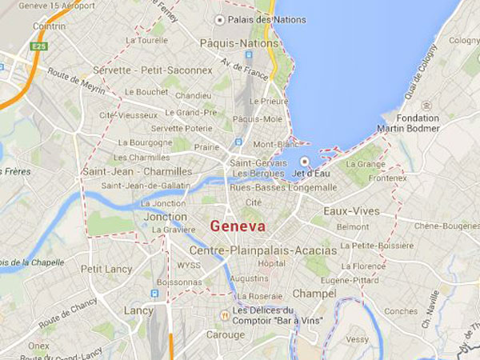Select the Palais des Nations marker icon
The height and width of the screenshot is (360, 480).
[x=219, y=19]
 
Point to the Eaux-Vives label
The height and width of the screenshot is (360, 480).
[x=350, y=211]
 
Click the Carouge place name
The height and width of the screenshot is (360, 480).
[x=226, y=334]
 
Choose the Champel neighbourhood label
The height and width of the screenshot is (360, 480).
[x=314, y=294]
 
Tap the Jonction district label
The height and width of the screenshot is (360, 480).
[x=166, y=217]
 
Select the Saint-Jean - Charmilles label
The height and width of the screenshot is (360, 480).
[x=138, y=171]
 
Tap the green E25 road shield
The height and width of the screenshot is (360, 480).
[x=39, y=46]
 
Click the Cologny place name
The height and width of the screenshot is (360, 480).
[x=464, y=40]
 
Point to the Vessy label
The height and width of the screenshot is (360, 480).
[x=358, y=339]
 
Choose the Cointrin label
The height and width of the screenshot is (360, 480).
[x=50, y=26]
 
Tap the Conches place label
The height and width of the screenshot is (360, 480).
[x=401, y=311]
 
